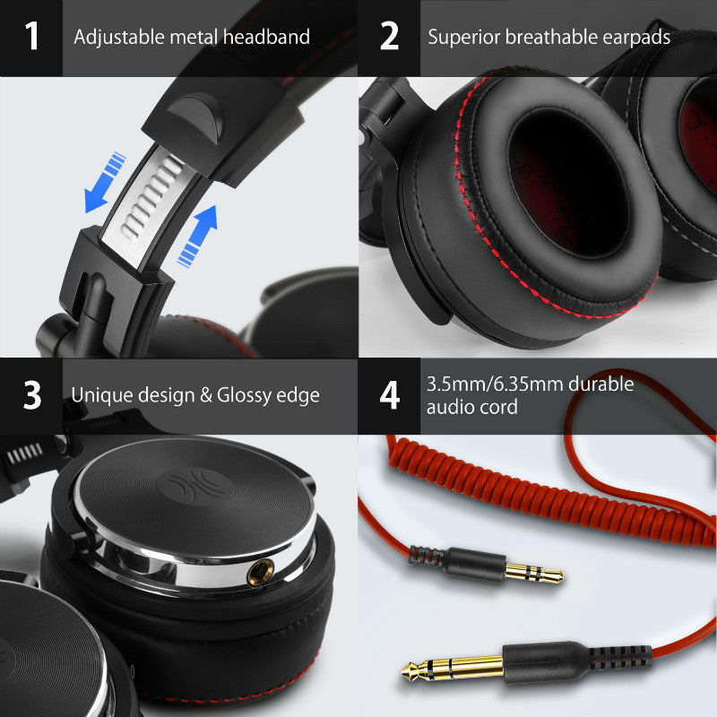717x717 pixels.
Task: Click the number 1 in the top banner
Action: point(32,37)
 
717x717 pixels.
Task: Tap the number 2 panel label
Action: point(389,37)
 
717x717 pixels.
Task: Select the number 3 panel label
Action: point(32,395)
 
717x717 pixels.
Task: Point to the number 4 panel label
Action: point(389,395)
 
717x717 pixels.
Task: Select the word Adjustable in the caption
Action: point(114,38)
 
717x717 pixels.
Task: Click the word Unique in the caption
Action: point(100,395)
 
